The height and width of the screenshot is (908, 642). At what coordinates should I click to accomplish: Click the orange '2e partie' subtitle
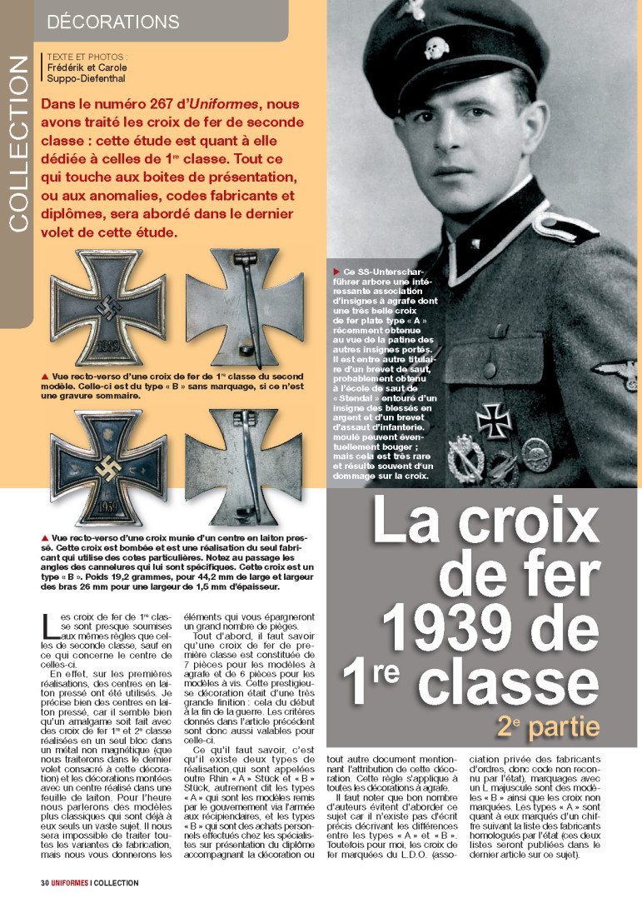point(548,726)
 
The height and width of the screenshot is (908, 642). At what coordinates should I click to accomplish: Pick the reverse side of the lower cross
point(242,466)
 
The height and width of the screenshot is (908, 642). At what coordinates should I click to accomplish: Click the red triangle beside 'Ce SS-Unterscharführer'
point(336,272)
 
